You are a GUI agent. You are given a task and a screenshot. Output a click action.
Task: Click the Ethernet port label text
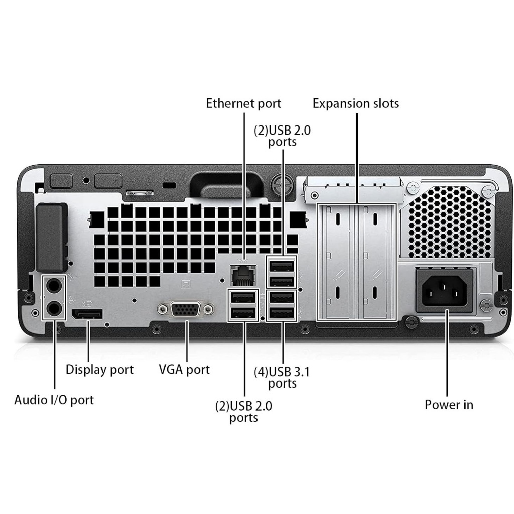(x=243, y=104)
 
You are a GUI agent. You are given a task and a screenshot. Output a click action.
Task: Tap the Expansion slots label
(x=355, y=104)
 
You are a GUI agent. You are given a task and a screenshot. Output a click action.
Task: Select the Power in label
(x=449, y=405)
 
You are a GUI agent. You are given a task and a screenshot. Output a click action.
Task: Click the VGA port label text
(x=184, y=370)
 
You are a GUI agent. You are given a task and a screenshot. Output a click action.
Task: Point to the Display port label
(x=99, y=370)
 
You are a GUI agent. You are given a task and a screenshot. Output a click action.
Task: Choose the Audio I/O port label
(x=54, y=400)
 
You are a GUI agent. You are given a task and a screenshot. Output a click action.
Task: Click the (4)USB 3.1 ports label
(x=282, y=377)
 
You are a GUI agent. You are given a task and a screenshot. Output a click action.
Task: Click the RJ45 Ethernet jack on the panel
(x=243, y=275)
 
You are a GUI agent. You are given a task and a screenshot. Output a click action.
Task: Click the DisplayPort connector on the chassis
(x=87, y=315)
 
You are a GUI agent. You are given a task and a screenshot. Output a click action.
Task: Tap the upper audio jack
(x=54, y=287)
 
